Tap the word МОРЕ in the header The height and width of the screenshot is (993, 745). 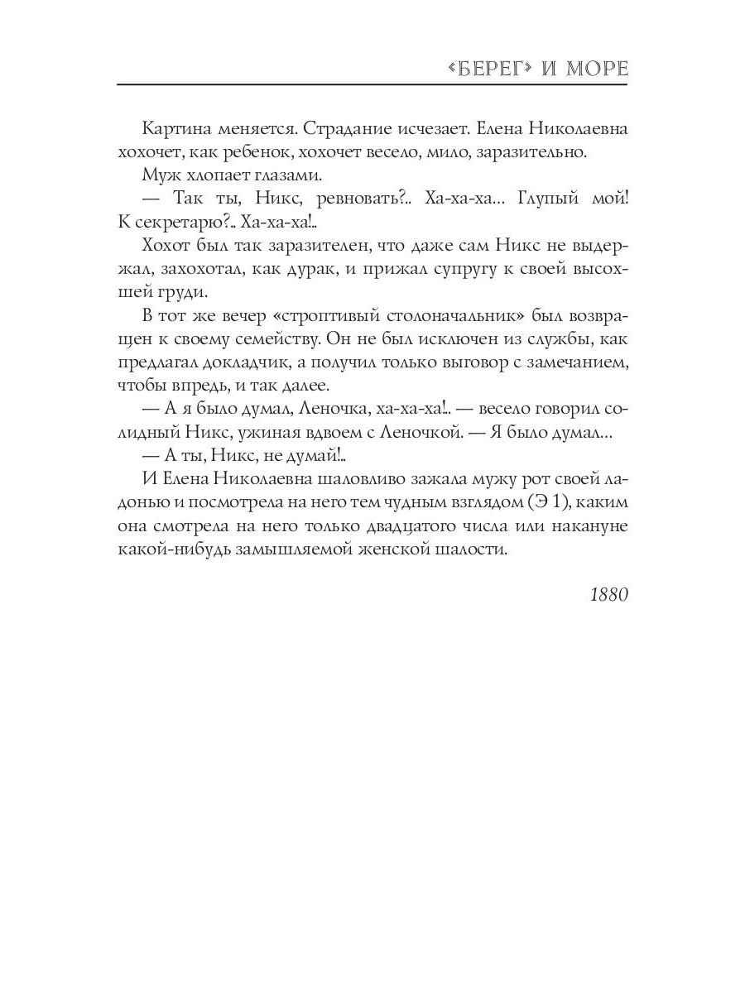pyautogui.click(x=601, y=69)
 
